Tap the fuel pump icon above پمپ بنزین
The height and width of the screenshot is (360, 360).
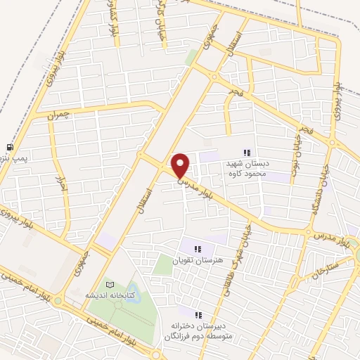[10, 147]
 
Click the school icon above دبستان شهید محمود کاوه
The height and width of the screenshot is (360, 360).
[246, 152]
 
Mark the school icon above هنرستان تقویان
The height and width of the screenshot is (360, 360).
[198, 248]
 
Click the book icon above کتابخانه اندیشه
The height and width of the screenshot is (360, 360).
[109, 284]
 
